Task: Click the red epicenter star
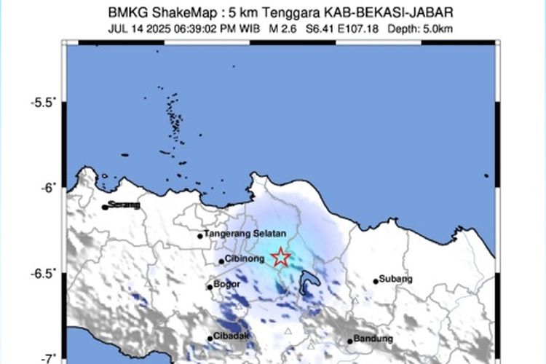(280, 258)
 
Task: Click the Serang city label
(124, 205)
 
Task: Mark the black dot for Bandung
(350, 341)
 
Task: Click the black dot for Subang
(376, 281)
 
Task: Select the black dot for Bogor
(210, 287)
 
